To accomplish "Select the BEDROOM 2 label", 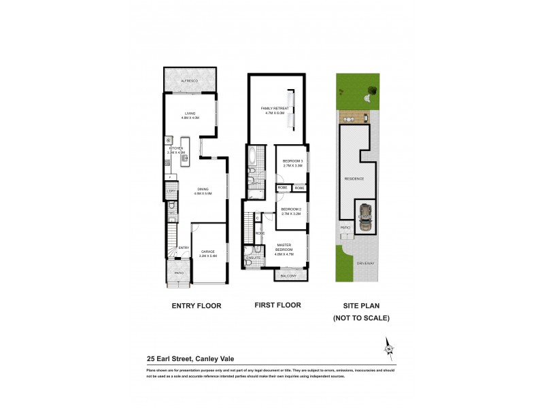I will point(291,211).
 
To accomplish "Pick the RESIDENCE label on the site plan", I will point(355,179).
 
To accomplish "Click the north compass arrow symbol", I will point(389,347).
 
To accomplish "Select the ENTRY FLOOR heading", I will point(196,306).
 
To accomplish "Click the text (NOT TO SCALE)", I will point(360,318).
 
